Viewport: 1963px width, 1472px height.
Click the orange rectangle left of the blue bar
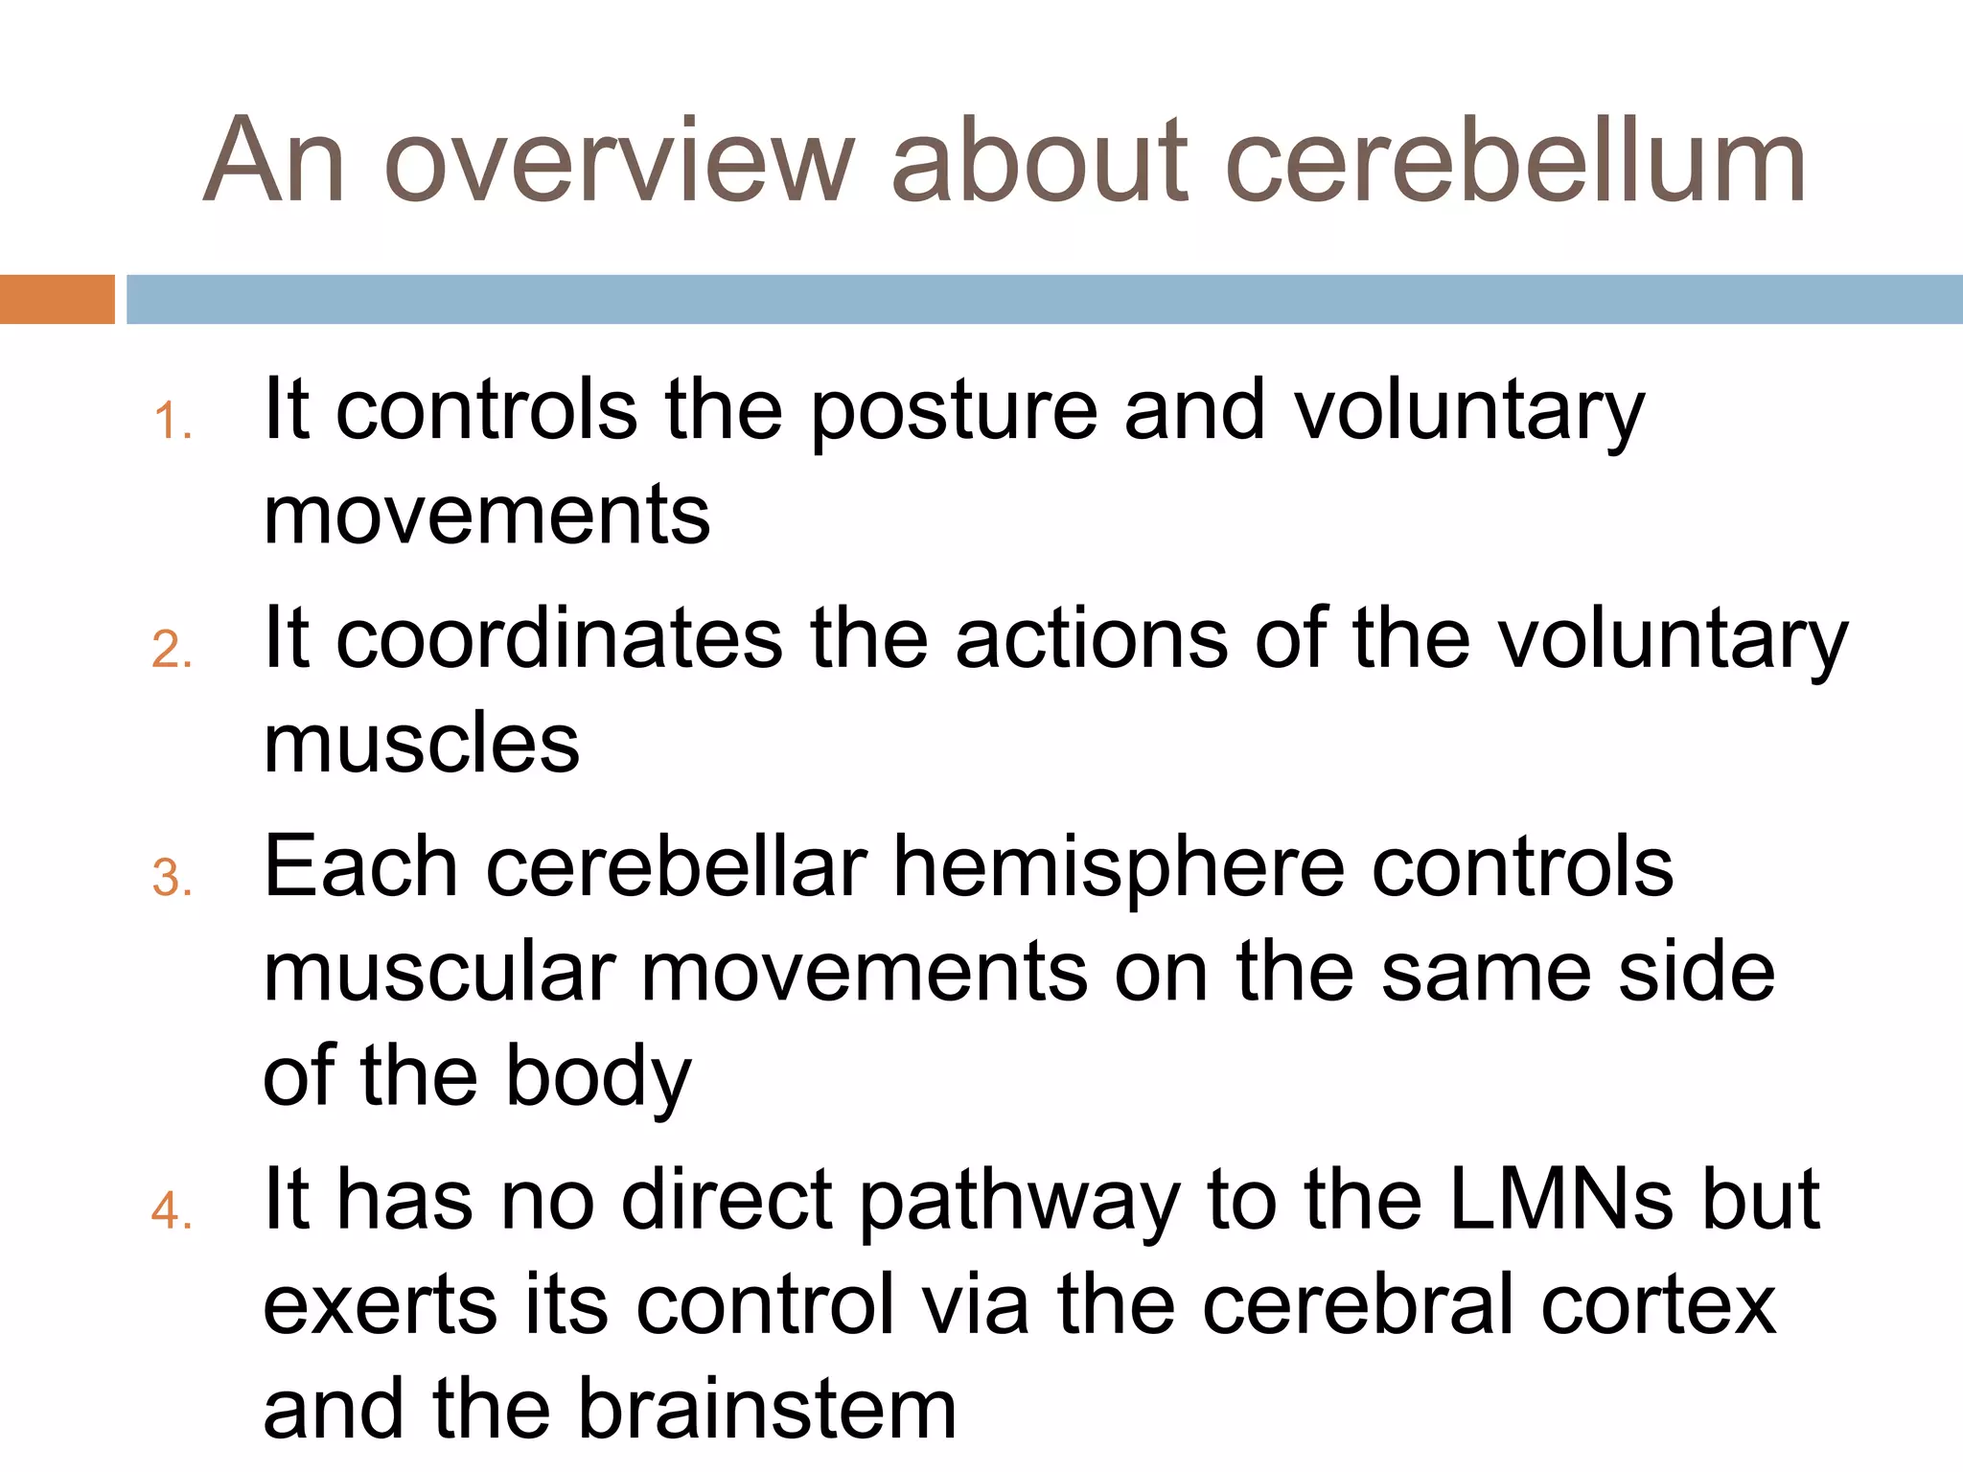(x=57, y=299)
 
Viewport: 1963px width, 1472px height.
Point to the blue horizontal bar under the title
(x=1043, y=299)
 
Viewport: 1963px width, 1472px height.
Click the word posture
(x=953, y=412)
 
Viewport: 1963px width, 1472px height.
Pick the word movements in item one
(x=487, y=516)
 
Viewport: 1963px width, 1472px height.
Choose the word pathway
(x=1019, y=1202)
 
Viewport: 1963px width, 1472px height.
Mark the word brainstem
(x=768, y=1410)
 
